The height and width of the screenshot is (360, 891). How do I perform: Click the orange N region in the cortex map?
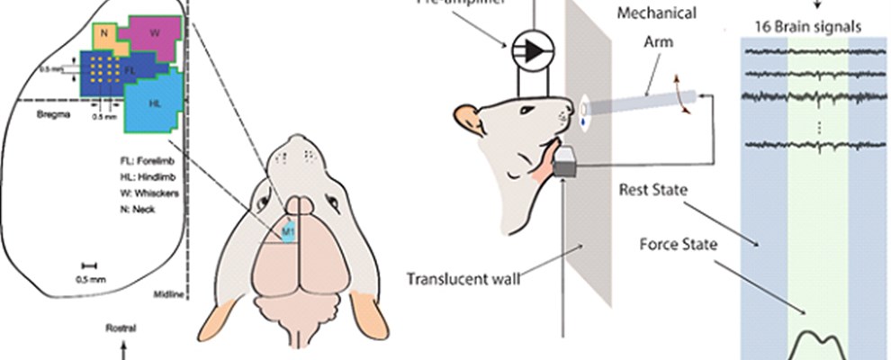104,34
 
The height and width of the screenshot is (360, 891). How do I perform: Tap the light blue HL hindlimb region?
155,103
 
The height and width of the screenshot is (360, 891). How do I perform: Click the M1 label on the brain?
288,231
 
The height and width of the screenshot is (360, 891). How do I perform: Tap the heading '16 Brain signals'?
805,26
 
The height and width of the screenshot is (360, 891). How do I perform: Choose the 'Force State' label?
676,244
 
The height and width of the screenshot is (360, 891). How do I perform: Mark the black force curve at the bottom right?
818,345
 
